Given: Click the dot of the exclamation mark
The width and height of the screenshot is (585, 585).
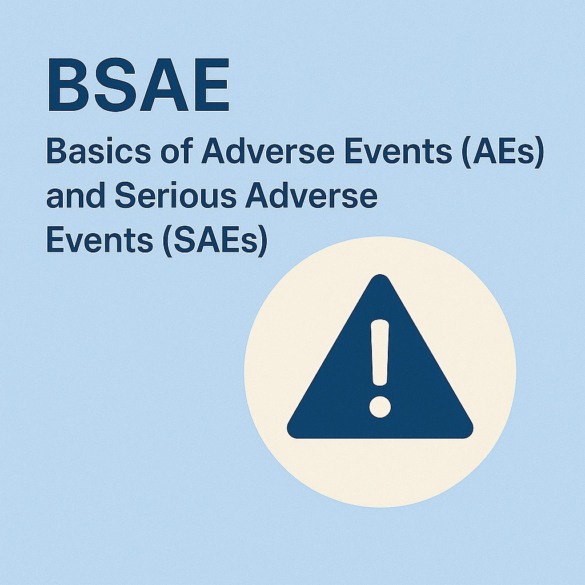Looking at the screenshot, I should pos(380,404).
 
